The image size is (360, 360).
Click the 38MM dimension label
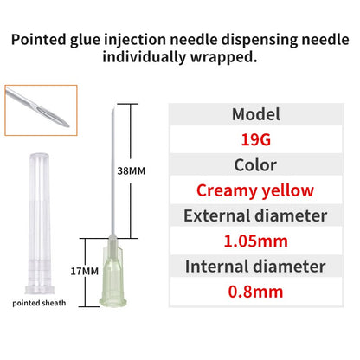click(132, 170)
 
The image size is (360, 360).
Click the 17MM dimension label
click(85, 271)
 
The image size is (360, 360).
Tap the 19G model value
click(256, 139)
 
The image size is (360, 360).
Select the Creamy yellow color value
click(255, 190)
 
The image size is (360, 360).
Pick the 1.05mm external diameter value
click(256, 241)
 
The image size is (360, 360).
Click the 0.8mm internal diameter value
click(255, 292)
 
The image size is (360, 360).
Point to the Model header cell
click(256, 114)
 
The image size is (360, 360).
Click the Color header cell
click(255, 165)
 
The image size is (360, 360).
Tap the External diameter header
click(255, 215)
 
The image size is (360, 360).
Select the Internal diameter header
click(255, 267)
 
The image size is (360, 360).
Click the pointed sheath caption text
click(39, 303)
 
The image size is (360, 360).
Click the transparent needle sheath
click(39, 223)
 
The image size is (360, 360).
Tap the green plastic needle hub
click(113, 274)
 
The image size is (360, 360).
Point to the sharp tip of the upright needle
click(112, 109)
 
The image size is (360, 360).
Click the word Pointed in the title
click(39, 40)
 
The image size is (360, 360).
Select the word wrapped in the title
click(223, 57)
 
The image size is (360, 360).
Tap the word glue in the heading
click(86, 40)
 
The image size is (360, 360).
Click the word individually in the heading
click(144, 57)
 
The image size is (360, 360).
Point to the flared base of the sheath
click(40, 290)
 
